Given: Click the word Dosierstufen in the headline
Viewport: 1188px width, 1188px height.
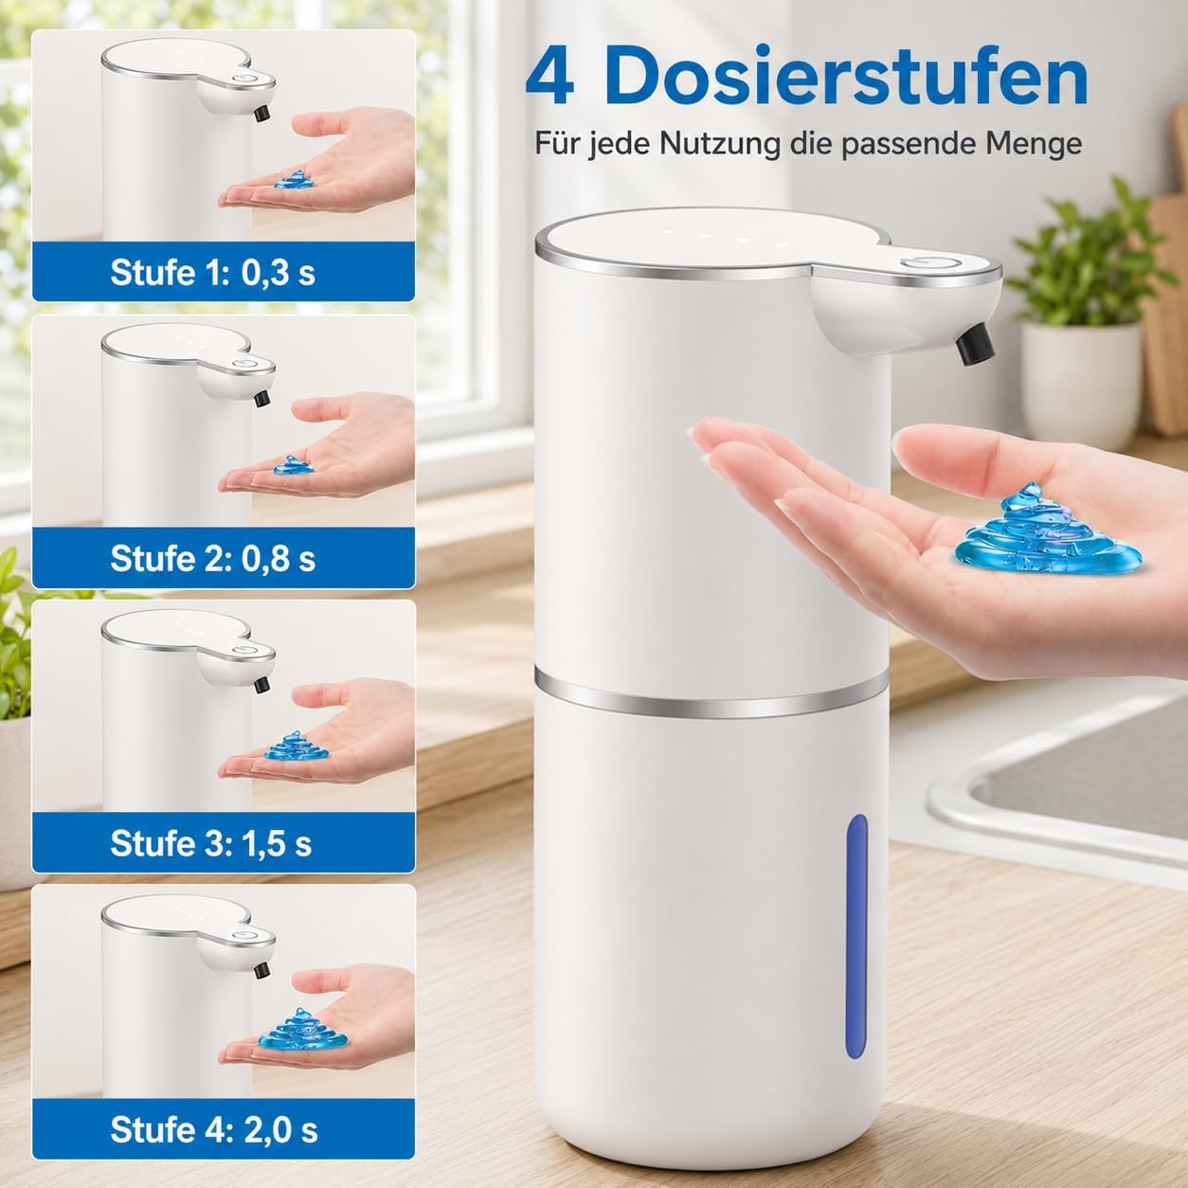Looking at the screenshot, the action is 846,77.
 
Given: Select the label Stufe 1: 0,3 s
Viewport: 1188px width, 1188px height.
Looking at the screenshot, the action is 213,272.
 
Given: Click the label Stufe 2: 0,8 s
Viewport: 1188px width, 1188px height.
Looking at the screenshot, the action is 213,558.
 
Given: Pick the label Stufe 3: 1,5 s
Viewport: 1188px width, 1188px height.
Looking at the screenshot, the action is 211,843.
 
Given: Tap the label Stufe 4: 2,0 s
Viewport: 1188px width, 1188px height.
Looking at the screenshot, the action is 214,1129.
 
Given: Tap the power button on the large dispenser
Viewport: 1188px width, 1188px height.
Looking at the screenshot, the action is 931,264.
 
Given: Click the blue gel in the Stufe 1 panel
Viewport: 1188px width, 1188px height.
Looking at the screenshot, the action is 294,179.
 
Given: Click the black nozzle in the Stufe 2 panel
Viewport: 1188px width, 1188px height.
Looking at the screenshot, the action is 262,398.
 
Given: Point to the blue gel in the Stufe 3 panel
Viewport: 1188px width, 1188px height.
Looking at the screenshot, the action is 297,746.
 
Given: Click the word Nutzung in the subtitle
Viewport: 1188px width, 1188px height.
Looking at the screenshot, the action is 719,145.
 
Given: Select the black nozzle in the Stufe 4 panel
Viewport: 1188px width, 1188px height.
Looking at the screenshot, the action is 262,968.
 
